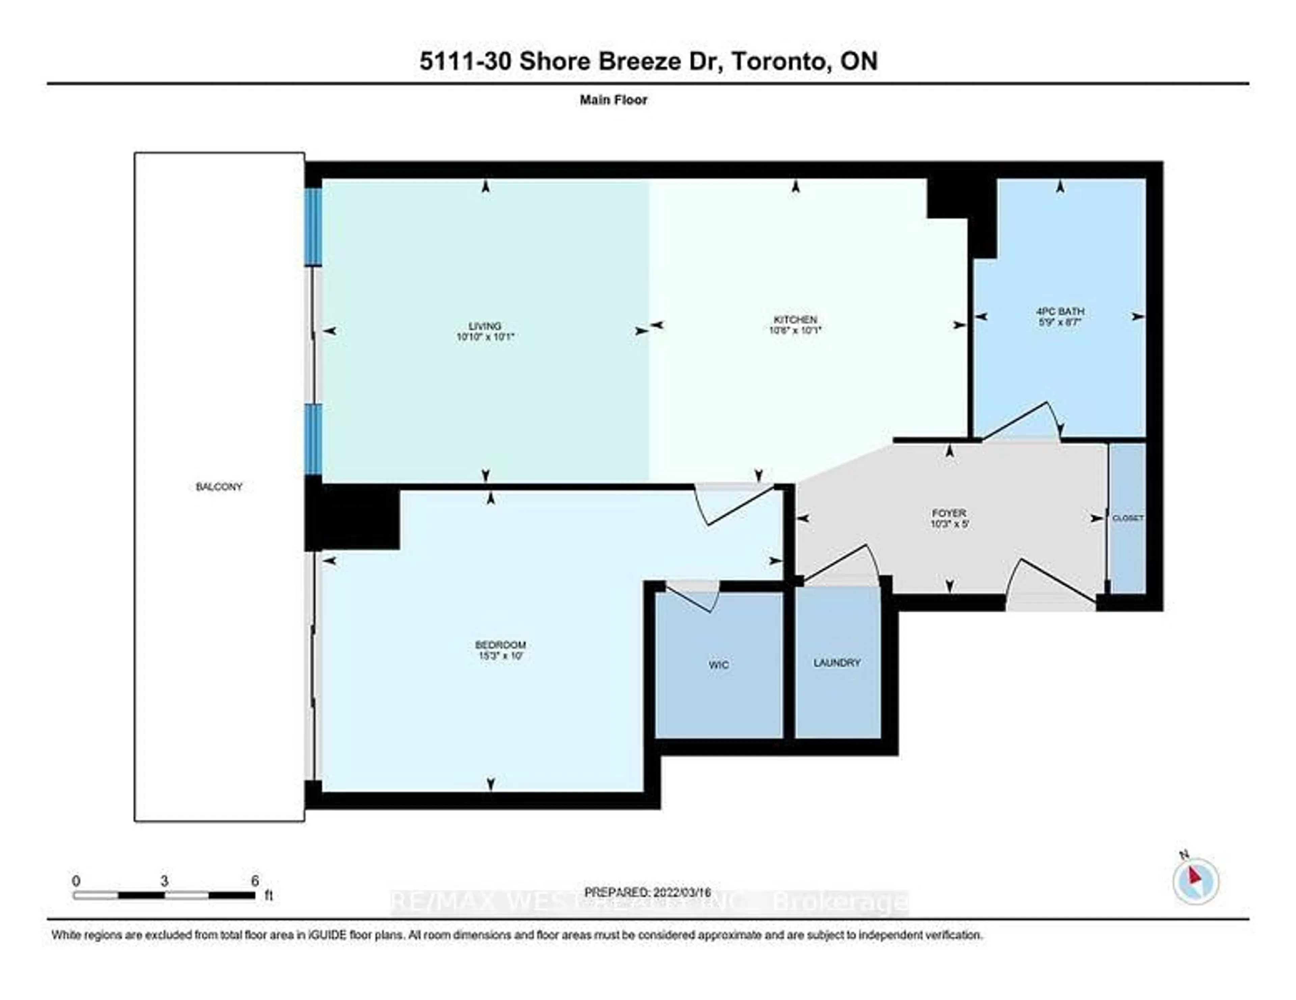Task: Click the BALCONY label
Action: click(219, 487)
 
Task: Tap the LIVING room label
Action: click(485, 325)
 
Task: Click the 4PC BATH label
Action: click(1060, 311)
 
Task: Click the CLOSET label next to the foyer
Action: click(1128, 518)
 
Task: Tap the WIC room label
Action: click(719, 665)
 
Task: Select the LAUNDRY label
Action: click(837, 662)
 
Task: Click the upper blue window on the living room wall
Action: click(313, 226)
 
